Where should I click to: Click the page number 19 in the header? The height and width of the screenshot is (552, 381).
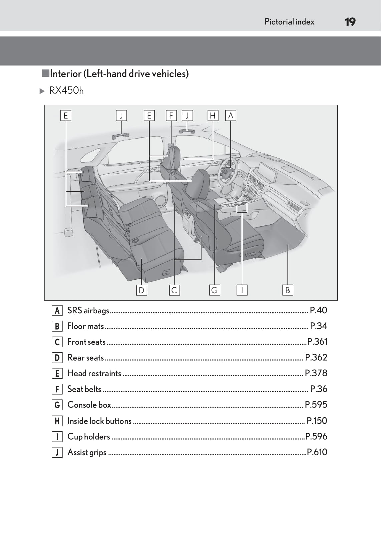click(x=350, y=22)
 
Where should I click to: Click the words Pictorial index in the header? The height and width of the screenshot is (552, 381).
click(x=289, y=22)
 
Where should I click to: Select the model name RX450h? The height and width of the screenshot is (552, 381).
click(x=66, y=91)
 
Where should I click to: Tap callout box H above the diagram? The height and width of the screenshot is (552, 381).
click(x=212, y=116)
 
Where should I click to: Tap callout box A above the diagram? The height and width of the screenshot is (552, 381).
click(x=230, y=116)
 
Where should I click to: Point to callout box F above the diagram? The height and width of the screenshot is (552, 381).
click(x=171, y=116)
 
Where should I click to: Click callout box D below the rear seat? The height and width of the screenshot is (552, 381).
click(x=141, y=290)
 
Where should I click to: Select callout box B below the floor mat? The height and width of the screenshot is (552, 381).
click(x=287, y=290)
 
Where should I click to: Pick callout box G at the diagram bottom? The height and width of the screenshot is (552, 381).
click(x=214, y=290)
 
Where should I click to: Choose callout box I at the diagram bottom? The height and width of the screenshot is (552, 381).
click(x=242, y=290)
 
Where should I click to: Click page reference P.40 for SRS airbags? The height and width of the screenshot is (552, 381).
click(x=318, y=310)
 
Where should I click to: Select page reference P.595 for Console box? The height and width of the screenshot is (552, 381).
click(x=316, y=405)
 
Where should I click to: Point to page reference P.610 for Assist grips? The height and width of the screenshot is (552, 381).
click(x=317, y=452)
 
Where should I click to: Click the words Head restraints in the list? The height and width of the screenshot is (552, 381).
click(x=94, y=373)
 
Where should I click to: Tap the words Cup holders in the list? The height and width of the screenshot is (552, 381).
click(x=89, y=437)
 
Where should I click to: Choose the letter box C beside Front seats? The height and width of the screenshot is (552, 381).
click(x=57, y=342)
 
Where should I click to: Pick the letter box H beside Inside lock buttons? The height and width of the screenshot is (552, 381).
click(x=57, y=421)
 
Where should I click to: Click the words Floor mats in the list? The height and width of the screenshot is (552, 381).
click(x=86, y=326)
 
